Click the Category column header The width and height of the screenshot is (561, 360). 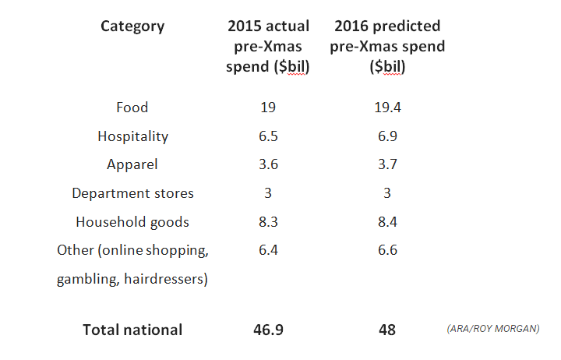point(132,26)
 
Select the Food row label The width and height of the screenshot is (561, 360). point(132,108)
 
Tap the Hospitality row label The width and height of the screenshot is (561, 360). point(132,136)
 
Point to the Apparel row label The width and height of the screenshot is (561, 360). point(132,164)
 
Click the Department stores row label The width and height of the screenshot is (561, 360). point(132,193)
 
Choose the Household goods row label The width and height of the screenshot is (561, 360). point(132,222)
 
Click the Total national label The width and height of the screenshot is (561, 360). point(132,330)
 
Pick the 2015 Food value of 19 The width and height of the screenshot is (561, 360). point(268,108)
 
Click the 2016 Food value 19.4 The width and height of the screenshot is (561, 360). point(387,108)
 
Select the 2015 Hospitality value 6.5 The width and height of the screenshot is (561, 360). point(268,136)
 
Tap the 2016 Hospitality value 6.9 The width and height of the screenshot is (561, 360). point(387,136)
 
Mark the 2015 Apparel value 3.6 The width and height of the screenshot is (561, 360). point(268,164)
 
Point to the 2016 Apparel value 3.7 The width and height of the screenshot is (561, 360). point(387,164)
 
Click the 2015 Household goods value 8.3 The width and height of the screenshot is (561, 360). point(268,222)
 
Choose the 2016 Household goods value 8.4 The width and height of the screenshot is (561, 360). point(387,222)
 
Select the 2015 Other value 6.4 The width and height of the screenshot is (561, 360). point(268,250)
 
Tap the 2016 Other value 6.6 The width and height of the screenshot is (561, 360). point(387,250)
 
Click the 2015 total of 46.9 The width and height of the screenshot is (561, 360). point(268,330)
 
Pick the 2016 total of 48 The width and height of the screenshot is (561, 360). point(387,330)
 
